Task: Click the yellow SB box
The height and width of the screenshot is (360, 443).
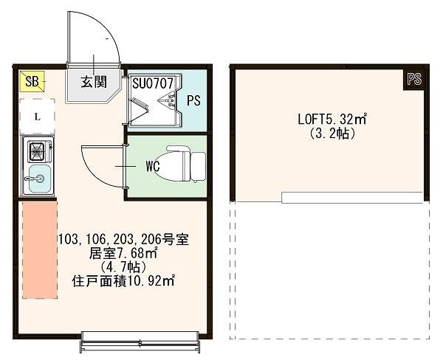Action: pos(31,80)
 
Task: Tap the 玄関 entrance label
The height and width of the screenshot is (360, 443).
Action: pos(93,81)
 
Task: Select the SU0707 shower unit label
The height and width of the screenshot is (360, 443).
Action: pos(153,83)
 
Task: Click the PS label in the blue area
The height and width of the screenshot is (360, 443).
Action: pos(192,100)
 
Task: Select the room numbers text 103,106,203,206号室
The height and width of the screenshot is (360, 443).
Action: pos(124,240)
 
